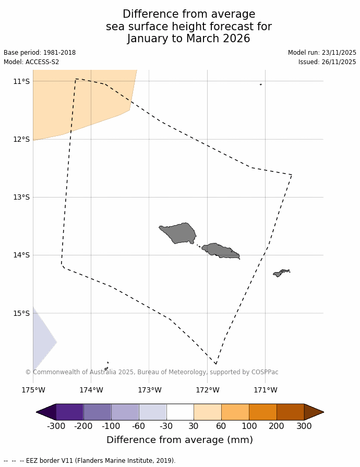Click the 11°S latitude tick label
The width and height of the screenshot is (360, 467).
click(x=21, y=81)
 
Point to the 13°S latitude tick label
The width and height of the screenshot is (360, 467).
click(x=21, y=197)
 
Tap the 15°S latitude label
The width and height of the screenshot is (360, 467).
click(x=21, y=313)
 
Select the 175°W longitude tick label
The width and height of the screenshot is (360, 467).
click(x=33, y=390)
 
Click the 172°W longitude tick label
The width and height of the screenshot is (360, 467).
click(x=207, y=390)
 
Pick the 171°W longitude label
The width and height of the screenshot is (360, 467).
click(x=265, y=390)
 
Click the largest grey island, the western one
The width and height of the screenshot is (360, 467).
click(x=179, y=232)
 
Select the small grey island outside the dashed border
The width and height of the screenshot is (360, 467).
click(x=281, y=273)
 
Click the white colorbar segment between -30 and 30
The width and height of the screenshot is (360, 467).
click(x=180, y=412)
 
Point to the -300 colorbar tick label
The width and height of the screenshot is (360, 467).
click(x=56, y=426)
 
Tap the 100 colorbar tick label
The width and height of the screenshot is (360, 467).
click(x=249, y=426)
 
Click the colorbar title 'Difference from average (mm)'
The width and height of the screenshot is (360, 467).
click(x=179, y=440)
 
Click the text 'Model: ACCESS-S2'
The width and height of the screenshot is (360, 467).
click(x=31, y=62)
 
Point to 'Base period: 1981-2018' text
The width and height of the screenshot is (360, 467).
click(x=40, y=53)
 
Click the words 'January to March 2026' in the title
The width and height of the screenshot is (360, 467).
click(x=188, y=39)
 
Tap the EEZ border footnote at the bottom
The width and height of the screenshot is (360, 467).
click(x=89, y=461)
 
